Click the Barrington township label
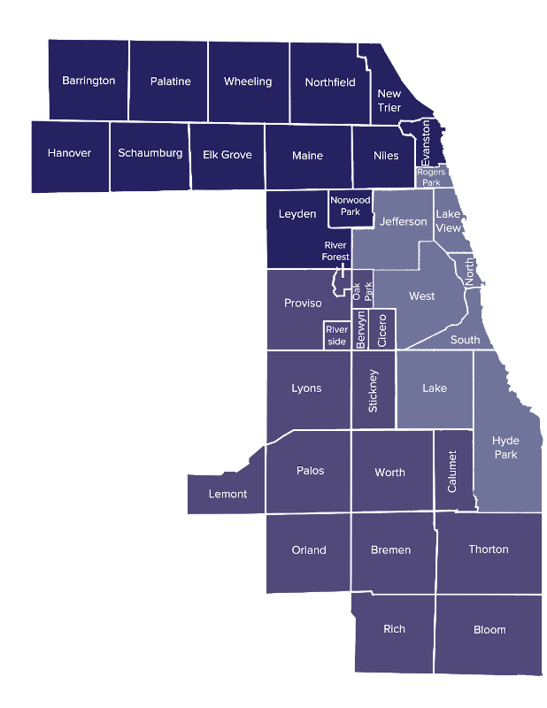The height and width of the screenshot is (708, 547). pos(89,81)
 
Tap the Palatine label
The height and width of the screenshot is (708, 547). pos(170,81)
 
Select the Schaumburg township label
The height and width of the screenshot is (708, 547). pos(150,153)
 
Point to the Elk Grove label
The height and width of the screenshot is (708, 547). pos(227,155)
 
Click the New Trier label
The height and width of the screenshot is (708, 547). pos(389,100)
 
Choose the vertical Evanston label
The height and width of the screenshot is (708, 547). pos(426,143)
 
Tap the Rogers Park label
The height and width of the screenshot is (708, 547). pos(431,177)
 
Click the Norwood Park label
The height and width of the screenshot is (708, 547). pos(351,206)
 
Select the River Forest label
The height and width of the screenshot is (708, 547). pos(336,250)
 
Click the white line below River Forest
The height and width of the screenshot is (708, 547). pos(343,270)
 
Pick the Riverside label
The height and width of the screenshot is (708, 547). pos(336,335)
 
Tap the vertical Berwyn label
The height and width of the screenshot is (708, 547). pos(361,329)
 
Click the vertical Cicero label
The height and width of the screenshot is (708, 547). pos(382,329)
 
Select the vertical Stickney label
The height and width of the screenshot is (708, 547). pos(373,390)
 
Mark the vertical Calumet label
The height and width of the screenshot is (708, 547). pos(452,471)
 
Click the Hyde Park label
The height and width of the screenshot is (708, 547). pos(506,447)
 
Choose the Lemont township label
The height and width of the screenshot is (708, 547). pos(227,494)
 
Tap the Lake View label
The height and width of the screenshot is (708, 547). pos(449,221)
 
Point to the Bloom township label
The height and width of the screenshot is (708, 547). pos(489,630)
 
